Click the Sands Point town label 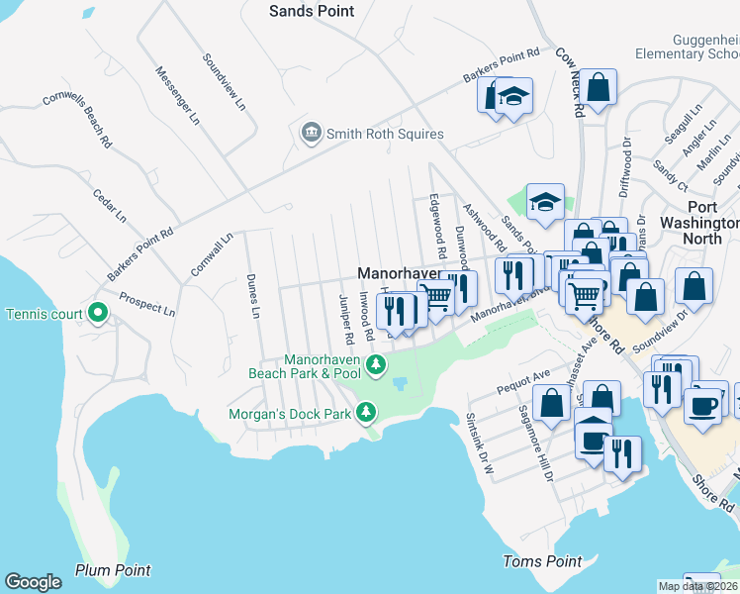pos(312,10)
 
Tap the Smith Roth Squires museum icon pos(312,133)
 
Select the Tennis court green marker pos(97,314)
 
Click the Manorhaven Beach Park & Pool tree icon pos(376,366)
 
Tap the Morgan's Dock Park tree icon pos(366,411)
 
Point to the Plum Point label pos(113,570)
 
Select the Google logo pos(33,582)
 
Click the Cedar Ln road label pos(110,203)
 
